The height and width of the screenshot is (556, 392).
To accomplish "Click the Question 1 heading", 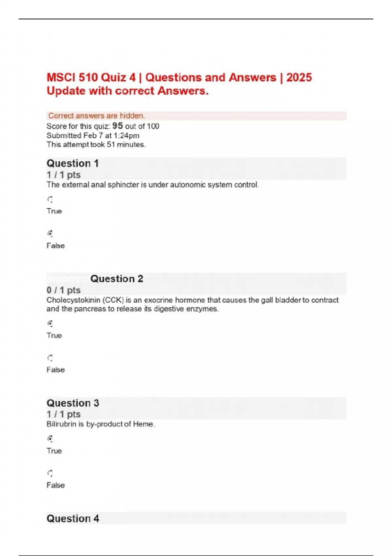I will point(73,163).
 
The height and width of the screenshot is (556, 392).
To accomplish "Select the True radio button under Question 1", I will point(50,199).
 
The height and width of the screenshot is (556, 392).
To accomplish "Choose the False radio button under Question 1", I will point(50,234).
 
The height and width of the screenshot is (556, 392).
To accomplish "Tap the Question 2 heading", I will point(117,279).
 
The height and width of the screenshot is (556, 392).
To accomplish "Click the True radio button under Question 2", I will point(50,323).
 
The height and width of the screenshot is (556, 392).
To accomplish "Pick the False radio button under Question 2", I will point(50,358).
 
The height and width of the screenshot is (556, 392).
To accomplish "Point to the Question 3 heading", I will point(73,403).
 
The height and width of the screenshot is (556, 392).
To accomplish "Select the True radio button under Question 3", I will point(50,439).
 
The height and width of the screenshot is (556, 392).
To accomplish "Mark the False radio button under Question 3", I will point(50,473).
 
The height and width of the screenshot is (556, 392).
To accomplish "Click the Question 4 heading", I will point(73,518).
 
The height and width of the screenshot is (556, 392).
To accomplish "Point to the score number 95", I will point(118,126).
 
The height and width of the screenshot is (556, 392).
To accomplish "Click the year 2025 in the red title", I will point(299,78).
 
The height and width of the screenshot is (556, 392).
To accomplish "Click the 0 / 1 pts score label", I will point(63,290).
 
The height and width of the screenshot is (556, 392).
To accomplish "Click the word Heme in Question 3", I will point(143,424).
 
